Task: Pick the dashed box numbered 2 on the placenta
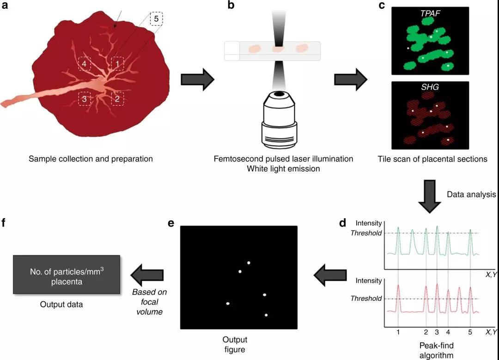pos(117,98)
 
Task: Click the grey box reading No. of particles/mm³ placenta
pos(67,275)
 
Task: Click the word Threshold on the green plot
pos(366,233)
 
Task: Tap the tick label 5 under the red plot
pos(470,332)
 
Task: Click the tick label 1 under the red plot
pos(398,332)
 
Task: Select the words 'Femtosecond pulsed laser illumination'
pos(283,159)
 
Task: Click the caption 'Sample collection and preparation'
pos(91,159)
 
